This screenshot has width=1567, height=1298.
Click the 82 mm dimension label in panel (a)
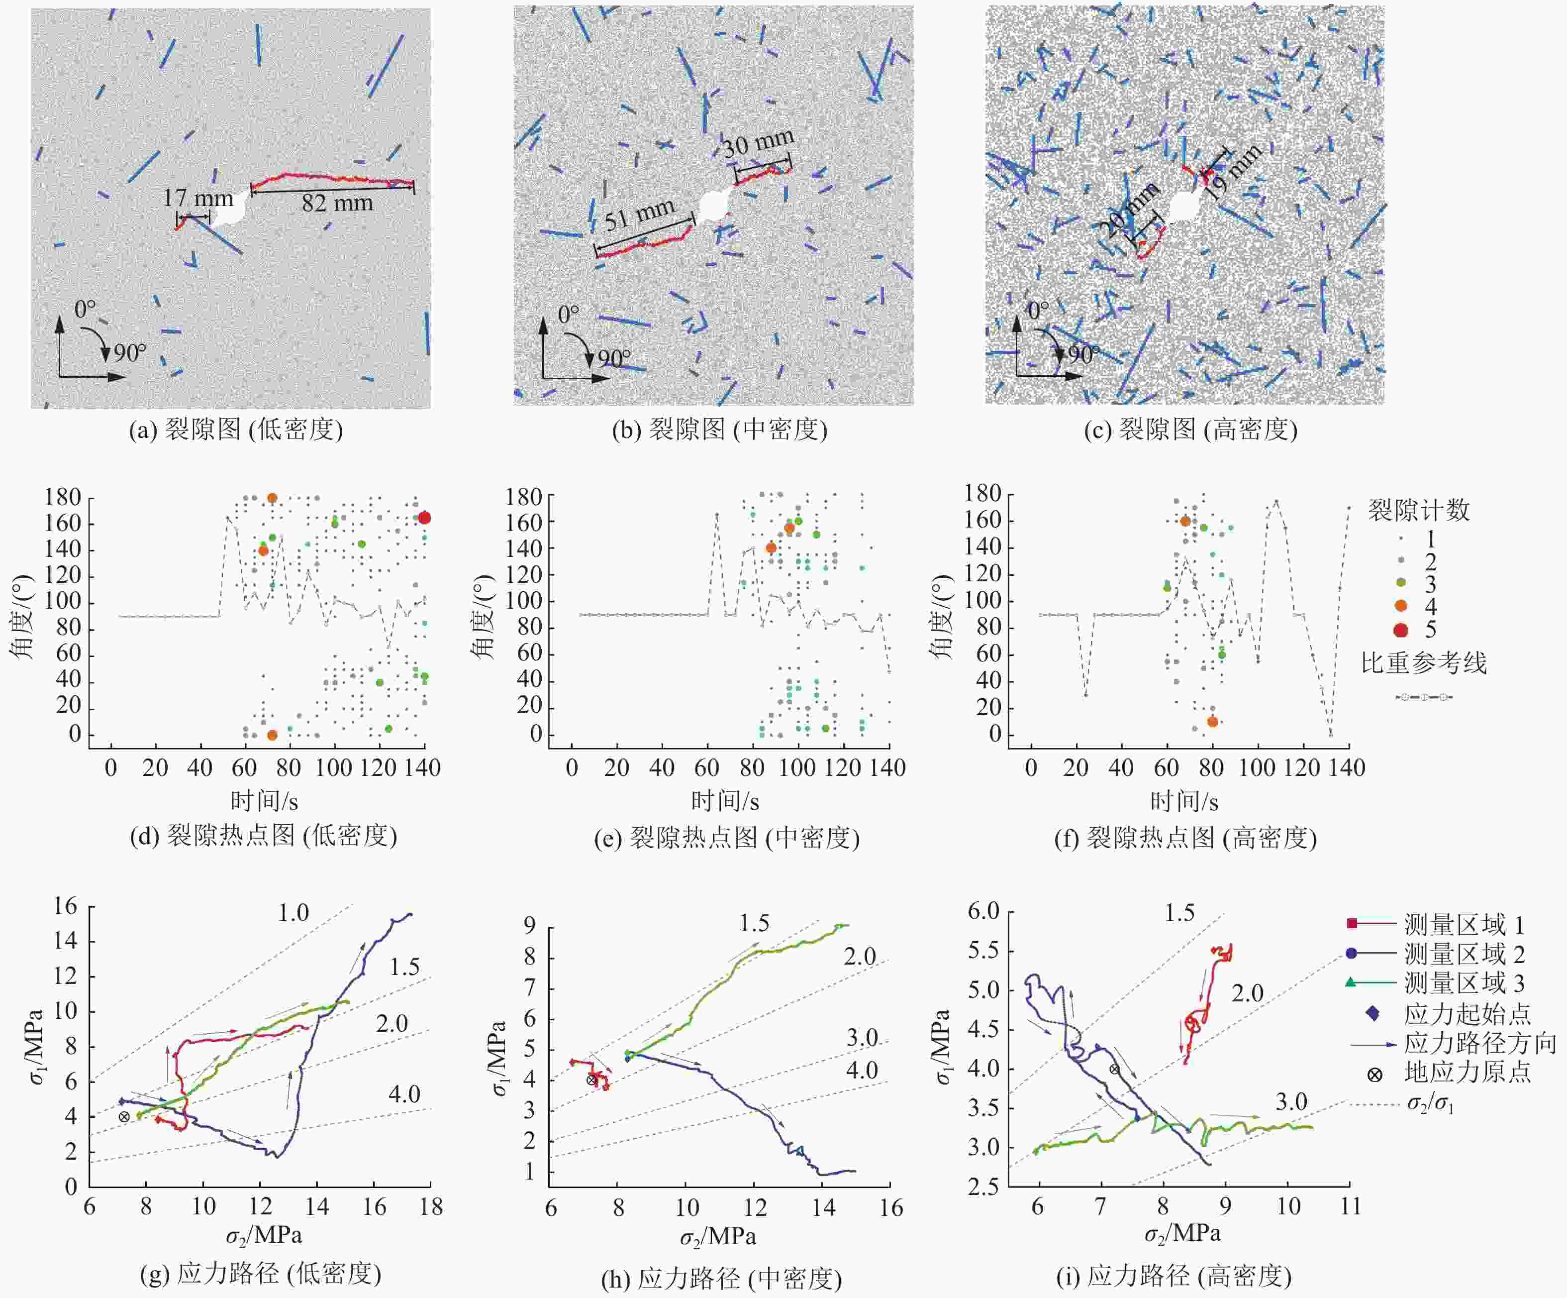pos(337,202)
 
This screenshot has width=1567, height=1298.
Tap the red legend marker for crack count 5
pos(1401,629)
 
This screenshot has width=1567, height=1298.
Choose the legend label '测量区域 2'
pos(1464,954)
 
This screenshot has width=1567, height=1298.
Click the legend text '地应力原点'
pos(1467,1073)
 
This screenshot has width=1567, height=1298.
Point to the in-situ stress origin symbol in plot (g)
pos(124,1117)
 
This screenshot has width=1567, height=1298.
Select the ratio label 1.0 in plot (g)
pos(294,912)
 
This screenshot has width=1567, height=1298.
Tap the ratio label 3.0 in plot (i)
pos(1291,1102)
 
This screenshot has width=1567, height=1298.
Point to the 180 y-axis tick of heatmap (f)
pos(982,493)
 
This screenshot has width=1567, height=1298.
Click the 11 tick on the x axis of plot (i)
pos(1350,1206)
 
